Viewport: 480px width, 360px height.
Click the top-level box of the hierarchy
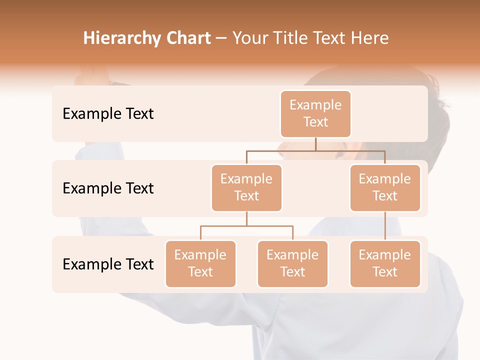(x=315, y=113)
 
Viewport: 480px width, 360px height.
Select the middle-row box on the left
(x=246, y=187)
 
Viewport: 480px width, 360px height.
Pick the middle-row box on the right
(x=385, y=187)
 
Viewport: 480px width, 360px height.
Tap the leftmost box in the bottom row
(x=200, y=263)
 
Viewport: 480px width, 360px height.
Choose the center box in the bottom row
(x=292, y=263)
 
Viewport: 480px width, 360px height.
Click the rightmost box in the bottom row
(x=385, y=263)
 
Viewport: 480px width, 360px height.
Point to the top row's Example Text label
(x=108, y=114)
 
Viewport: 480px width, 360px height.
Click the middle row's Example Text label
(x=108, y=188)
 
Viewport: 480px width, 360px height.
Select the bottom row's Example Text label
(x=108, y=264)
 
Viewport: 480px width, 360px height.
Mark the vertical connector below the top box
(x=315, y=144)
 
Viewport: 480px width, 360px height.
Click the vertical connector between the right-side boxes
(x=385, y=226)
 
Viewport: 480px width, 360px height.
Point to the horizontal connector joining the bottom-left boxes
(x=246, y=226)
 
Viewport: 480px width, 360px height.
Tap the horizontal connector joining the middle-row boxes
(x=315, y=150)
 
